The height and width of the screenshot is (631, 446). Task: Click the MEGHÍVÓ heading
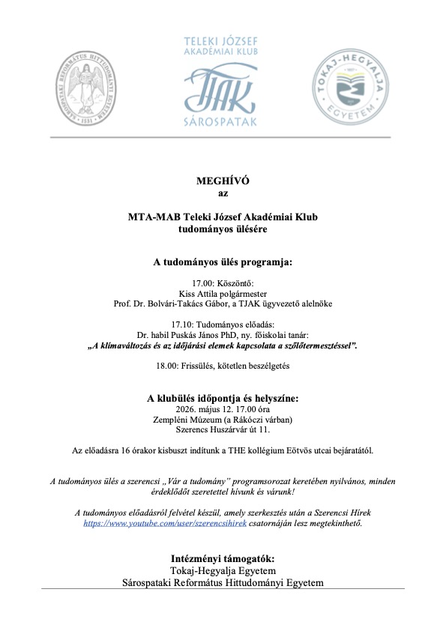223,181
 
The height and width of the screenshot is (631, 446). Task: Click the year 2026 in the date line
187,409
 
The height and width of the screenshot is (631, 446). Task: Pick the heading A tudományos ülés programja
223,263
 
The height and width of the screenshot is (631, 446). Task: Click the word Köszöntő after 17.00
235,283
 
